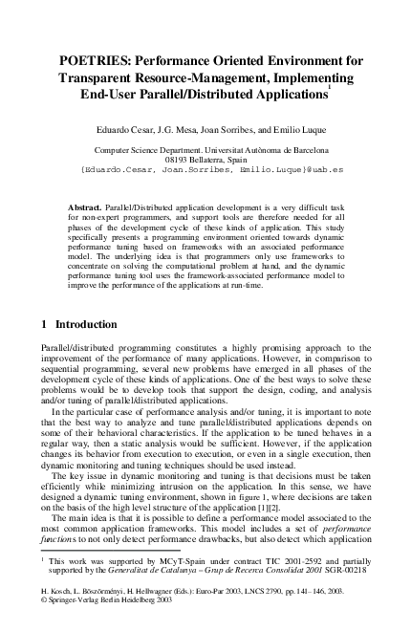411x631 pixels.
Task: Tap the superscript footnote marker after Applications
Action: tap(329, 89)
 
